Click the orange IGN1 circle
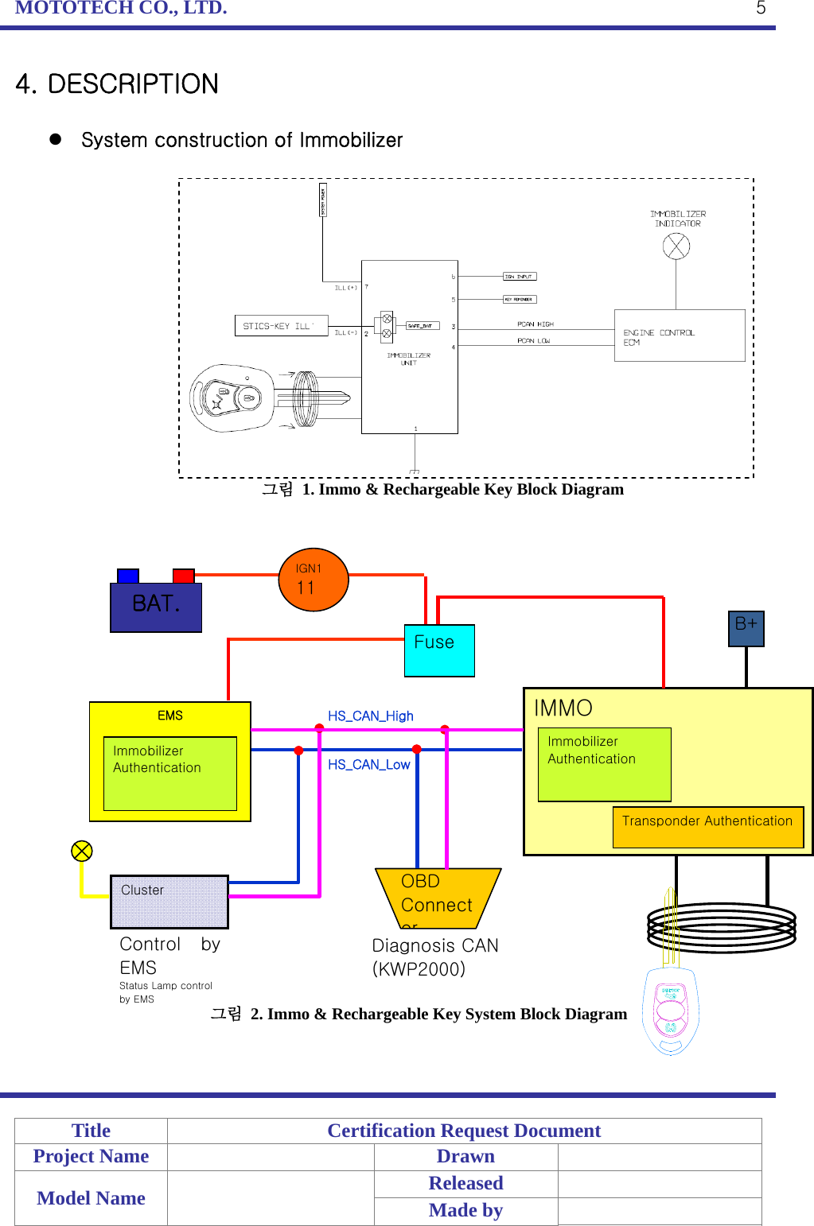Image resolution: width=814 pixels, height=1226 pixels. tap(314, 580)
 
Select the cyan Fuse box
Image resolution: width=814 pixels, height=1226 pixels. tap(439, 650)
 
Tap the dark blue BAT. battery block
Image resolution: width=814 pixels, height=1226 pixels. tap(156, 607)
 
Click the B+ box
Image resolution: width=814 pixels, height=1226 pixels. tap(746, 628)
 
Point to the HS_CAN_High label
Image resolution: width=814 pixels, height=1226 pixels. tap(371, 716)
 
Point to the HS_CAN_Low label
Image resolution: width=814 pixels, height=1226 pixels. tap(368, 764)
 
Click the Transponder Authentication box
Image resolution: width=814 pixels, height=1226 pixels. tap(707, 827)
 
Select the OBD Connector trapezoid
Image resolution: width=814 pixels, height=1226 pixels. tap(437, 898)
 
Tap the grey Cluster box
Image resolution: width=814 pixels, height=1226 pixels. tap(169, 902)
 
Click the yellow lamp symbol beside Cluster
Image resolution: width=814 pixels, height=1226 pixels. tap(82, 851)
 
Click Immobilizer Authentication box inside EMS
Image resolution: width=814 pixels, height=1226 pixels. tap(169, 773)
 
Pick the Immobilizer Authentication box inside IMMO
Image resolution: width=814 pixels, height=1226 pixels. tap(604, 763)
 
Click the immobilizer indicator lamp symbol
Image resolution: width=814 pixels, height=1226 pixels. tap(676, 246)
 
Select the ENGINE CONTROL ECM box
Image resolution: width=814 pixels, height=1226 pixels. tap(679, 336)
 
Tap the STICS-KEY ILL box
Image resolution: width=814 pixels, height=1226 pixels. tap(281, 326)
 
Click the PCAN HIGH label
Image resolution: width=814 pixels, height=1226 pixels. tap(535, 324)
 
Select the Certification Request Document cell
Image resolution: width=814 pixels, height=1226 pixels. tap(464, 1131)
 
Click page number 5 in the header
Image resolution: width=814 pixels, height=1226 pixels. tap(761, 8)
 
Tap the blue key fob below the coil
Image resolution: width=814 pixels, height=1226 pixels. tap(671, 1010)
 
